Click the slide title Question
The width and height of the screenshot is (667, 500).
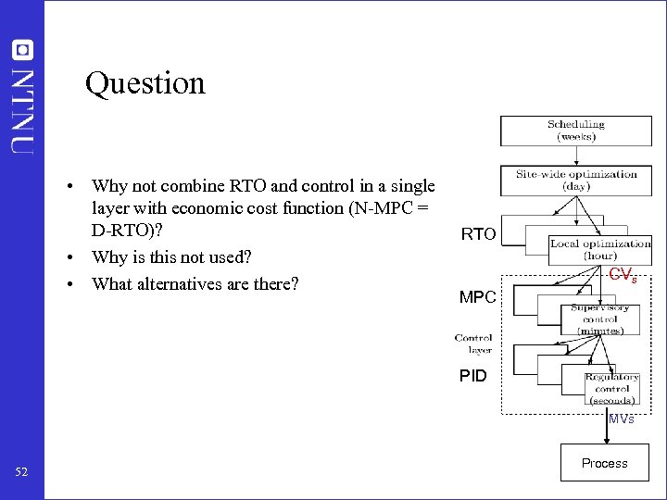pyautogui.click(x=145, y=83)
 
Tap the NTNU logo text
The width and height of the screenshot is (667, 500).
pyautogui.click(x=23, y=108)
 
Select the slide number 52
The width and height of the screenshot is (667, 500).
pyautogui.click(x=22, y=473)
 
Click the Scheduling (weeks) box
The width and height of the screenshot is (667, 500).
pyautogui.click(x=575, y=130)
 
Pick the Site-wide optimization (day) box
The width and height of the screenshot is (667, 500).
pyautogui.click(x=576, y=180)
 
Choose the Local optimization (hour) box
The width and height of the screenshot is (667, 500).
pyautogui.click(x=600, y=249)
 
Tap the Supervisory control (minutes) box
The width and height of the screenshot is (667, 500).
pyautogui.click(x=599, y=319)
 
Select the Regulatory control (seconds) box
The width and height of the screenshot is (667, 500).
pyautogui.click(x=611, y=389)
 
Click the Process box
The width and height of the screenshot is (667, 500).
pyautogui.click(x=604, y=463)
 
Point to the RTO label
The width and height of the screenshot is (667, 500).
pyautogui.click(x=479, y=235)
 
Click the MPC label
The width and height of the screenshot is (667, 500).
pyautogui.click(x=479, y=298)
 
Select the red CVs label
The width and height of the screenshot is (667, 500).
pyautogui.click(x=623, y=274)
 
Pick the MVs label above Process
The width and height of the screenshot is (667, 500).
pyautogui.click(x=621, y=419)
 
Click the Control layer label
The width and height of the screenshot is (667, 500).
pyautogui.click(x=472, y=344)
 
